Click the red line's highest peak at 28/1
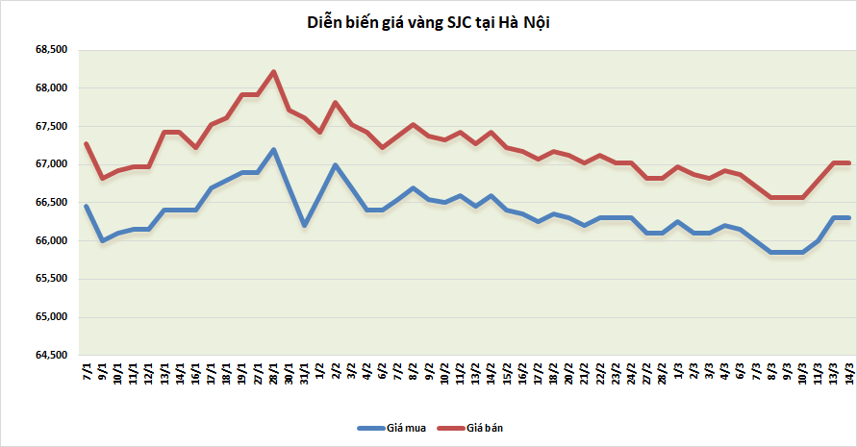pyautogui.click(x=274, y=72)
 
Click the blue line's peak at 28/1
pyautogui.click(x=274, y=149)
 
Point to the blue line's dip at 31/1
pyautogui.click(x=305, y=225)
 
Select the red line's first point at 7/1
pyautogui.click(x=87, y=144)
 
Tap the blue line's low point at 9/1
pyautogui.click(x=102, y=240)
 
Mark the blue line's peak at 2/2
pyautogui.click(x=335, y=164)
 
